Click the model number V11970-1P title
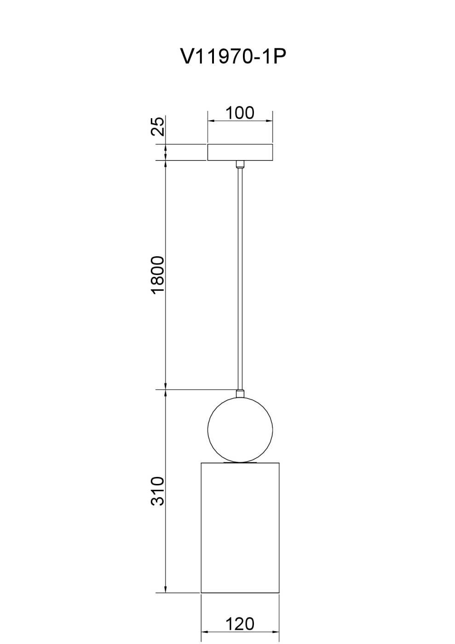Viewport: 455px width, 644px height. (x=233, y=56)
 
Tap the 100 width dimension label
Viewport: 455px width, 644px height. (x=240, y=113)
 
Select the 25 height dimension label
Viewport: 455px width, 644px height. (x=158, y=126)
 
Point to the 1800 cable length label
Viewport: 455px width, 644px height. (x=158, y=275)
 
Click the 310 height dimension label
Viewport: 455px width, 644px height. (x=158, y=491)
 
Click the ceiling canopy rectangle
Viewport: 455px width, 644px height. (x=240, y=152)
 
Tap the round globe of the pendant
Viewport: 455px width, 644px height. (x=240, y=430)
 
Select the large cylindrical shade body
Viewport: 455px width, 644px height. (x=240, y=528)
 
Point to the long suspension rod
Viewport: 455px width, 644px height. (x=240, y=279)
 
